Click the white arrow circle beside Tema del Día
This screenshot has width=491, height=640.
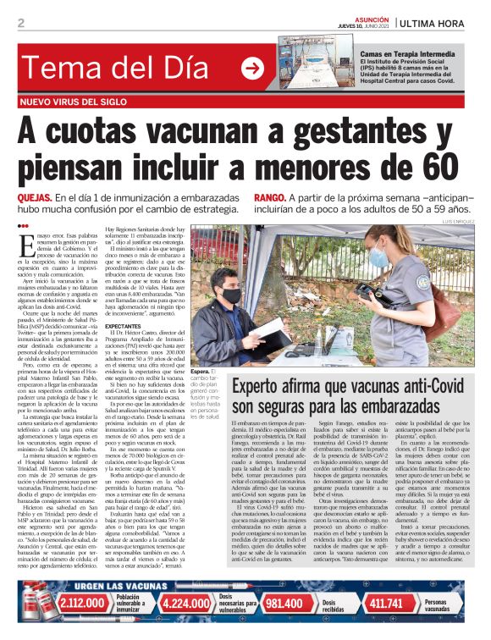[x=251, y=69]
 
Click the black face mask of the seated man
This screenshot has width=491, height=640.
[x=231, y=295]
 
